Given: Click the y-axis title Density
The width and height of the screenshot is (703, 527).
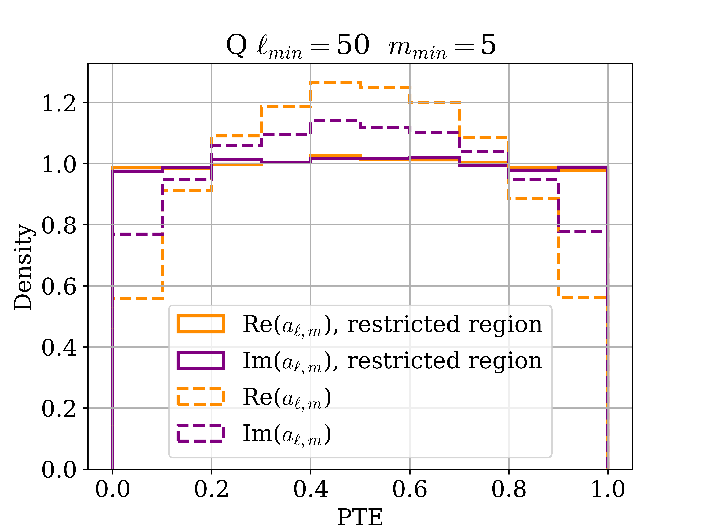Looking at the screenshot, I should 23,267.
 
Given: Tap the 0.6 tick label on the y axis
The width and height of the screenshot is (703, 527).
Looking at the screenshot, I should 59,287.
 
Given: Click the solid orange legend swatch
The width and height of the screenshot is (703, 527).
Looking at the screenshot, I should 201,324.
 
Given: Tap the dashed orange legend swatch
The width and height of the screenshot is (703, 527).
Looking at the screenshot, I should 201,397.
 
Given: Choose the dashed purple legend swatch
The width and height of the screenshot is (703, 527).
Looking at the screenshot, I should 201,433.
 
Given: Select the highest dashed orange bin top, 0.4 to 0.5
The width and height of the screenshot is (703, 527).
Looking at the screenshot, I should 335,83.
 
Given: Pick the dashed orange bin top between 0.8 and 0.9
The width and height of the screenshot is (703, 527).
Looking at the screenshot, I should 533,199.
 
